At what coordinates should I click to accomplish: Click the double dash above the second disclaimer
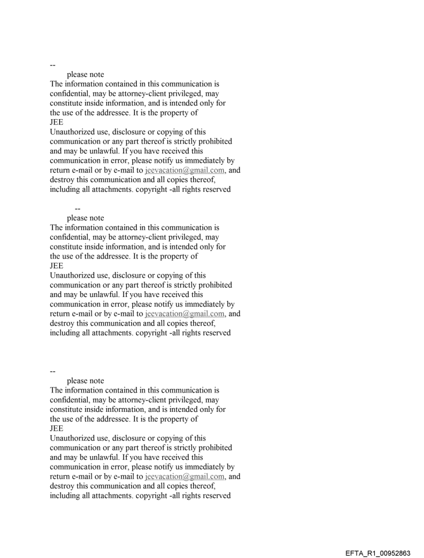click(78, 209)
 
